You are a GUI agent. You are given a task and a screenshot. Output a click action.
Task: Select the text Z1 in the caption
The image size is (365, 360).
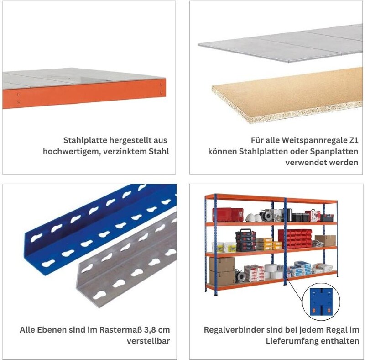pyautogui.click(x=354, y=140)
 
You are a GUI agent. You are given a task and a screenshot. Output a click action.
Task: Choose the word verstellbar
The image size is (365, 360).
pyautogui.click(x=148, y=341)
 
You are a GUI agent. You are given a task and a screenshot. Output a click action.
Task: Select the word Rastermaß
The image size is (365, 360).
pyautogui.click(x=120, y=330)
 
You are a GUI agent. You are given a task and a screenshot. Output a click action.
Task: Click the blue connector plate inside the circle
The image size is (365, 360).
pyautogui.click(x=321, y=302)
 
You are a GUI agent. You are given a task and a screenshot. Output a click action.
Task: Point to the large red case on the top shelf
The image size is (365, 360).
pyautogui.click(x=228, y=215)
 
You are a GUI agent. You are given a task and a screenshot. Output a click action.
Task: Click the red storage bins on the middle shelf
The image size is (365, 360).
pyautogui.click(x=295, y=238)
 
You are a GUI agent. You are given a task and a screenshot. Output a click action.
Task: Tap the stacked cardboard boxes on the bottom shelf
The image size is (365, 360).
pyautogui.click(x=222, y=271)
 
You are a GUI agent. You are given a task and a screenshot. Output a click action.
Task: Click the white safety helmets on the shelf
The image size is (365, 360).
pyautogui.click(x=253, y=217)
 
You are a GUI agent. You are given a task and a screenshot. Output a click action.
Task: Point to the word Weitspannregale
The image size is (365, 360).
pyautogui.click(x=314, y=140)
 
